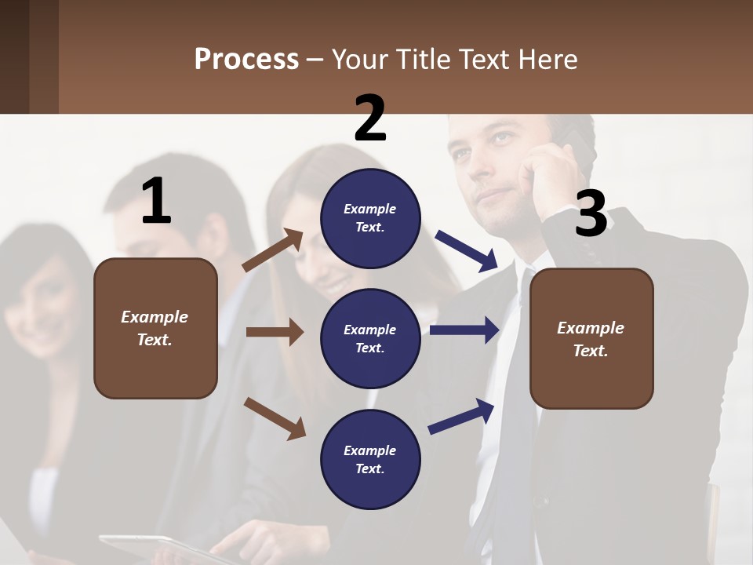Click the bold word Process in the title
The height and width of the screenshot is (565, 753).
(x=246, y=60)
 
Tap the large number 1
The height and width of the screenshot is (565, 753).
(x=156, y=201)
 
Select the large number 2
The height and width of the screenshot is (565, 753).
(x=370, y=118)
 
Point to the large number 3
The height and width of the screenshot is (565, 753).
(x=591, y=213)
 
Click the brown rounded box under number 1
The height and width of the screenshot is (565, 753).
(x=155, y=328)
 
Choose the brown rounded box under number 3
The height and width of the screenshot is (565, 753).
(x=591, y=338)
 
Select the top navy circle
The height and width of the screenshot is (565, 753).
(x=370, y=217)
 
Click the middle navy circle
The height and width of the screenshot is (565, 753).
(x=370, y=338)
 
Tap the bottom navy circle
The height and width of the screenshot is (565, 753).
(x=370, y=459)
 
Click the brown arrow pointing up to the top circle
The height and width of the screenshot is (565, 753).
(x=273, y=250)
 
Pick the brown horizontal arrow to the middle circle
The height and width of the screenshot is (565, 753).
(x=275, y=332)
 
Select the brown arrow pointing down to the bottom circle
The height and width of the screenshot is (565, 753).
(x=275, y=418)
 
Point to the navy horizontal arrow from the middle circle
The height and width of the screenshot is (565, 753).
(x=464, y=330)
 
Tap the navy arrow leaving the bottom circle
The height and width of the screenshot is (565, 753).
(x=462, y=417)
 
